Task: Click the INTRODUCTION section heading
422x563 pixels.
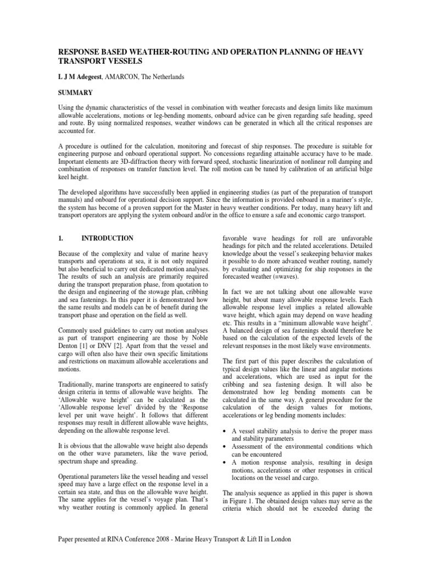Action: tap(107, 238)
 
